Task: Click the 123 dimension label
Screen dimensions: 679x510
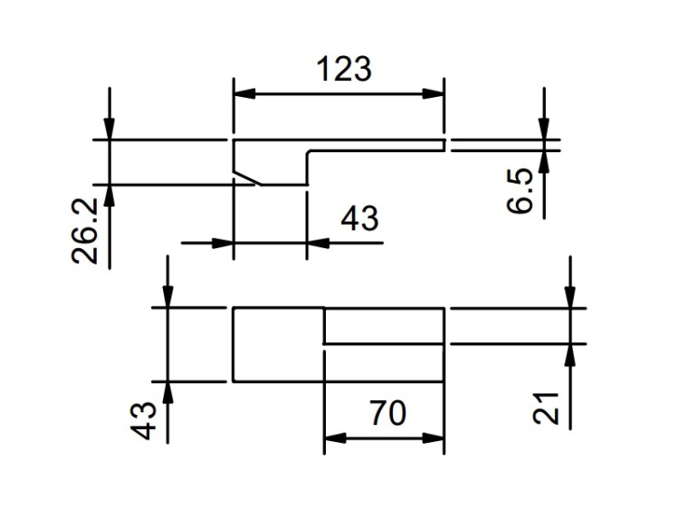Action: coord(344,69)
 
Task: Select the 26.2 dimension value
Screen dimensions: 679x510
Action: coord(84,231)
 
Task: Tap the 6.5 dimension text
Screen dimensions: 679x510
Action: coord(520,190)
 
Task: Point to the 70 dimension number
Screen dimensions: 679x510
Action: coord(388,413)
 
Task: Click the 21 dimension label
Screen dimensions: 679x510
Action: coord(546,408)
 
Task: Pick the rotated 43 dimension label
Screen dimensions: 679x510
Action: coord(143,420)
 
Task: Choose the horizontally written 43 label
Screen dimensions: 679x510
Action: coord(359,218)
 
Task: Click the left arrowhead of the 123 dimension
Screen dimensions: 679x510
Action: coord(244,93)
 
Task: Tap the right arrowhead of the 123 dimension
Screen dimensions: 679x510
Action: coord(434,93)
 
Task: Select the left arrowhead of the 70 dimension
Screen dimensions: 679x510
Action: coord(335,438)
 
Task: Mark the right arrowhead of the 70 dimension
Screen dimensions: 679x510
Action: coord(434,438)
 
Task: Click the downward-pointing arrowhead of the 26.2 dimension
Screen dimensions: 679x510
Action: coord(110,129)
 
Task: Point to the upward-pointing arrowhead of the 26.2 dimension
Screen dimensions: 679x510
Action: coord(110,196)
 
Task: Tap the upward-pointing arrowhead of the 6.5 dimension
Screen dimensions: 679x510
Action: coord(544,161)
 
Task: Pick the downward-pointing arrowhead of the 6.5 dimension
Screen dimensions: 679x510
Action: coord(544,129)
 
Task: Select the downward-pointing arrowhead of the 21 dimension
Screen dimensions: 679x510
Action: coord(570,297)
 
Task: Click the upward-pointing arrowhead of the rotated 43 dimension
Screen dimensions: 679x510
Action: coord(168,393)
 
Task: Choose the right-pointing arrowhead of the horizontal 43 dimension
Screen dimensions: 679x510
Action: coord(223,243)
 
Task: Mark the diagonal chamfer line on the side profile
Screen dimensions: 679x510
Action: coord(247,178)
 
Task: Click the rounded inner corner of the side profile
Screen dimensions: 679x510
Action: coord(310,152)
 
